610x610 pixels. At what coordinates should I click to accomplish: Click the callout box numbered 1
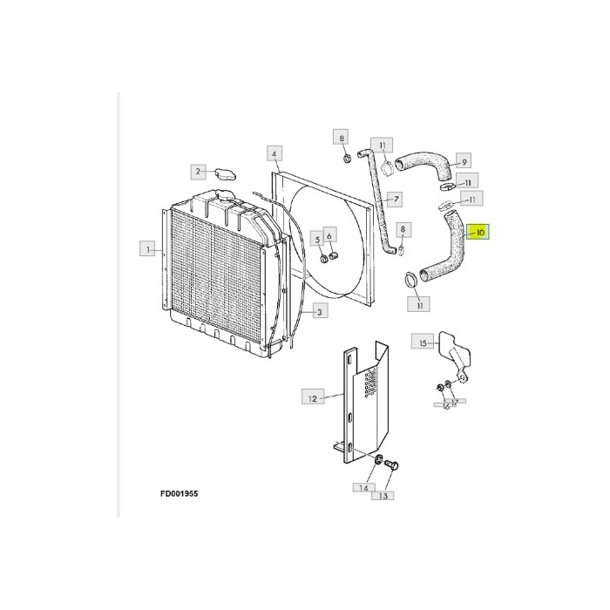[149, 249]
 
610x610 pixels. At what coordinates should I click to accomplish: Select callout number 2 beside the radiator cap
[199, 171]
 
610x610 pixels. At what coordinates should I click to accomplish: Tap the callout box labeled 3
[319, 311]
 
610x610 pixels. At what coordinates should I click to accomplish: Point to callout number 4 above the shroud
[274, 154]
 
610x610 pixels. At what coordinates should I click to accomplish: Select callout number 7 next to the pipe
[395, 200]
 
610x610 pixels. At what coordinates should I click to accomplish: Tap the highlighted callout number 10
[481, 233]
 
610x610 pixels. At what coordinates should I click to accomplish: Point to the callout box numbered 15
[424, 343]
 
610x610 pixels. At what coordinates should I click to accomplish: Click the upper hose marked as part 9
[424, 162]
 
